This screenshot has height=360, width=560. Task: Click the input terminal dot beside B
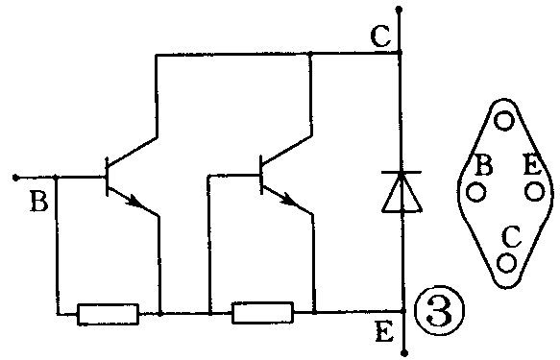pos(15,177)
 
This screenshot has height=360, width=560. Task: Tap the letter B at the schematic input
pos(38,203)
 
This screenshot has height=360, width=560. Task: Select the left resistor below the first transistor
pos(108,313)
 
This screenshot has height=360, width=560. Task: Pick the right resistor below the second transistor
pos(263,313)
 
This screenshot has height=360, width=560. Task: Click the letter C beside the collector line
pos(378,37)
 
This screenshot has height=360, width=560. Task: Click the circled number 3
pos(441,312)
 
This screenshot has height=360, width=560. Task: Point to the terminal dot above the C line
pos(401,9)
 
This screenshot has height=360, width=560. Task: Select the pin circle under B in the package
pos(475,191)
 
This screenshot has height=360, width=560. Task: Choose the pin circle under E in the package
pos(534,191)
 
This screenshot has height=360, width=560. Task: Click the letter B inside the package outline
pos(485,165)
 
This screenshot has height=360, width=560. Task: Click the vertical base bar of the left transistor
pos(106,177)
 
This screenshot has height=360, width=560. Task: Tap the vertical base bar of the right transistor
pos(262,177)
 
